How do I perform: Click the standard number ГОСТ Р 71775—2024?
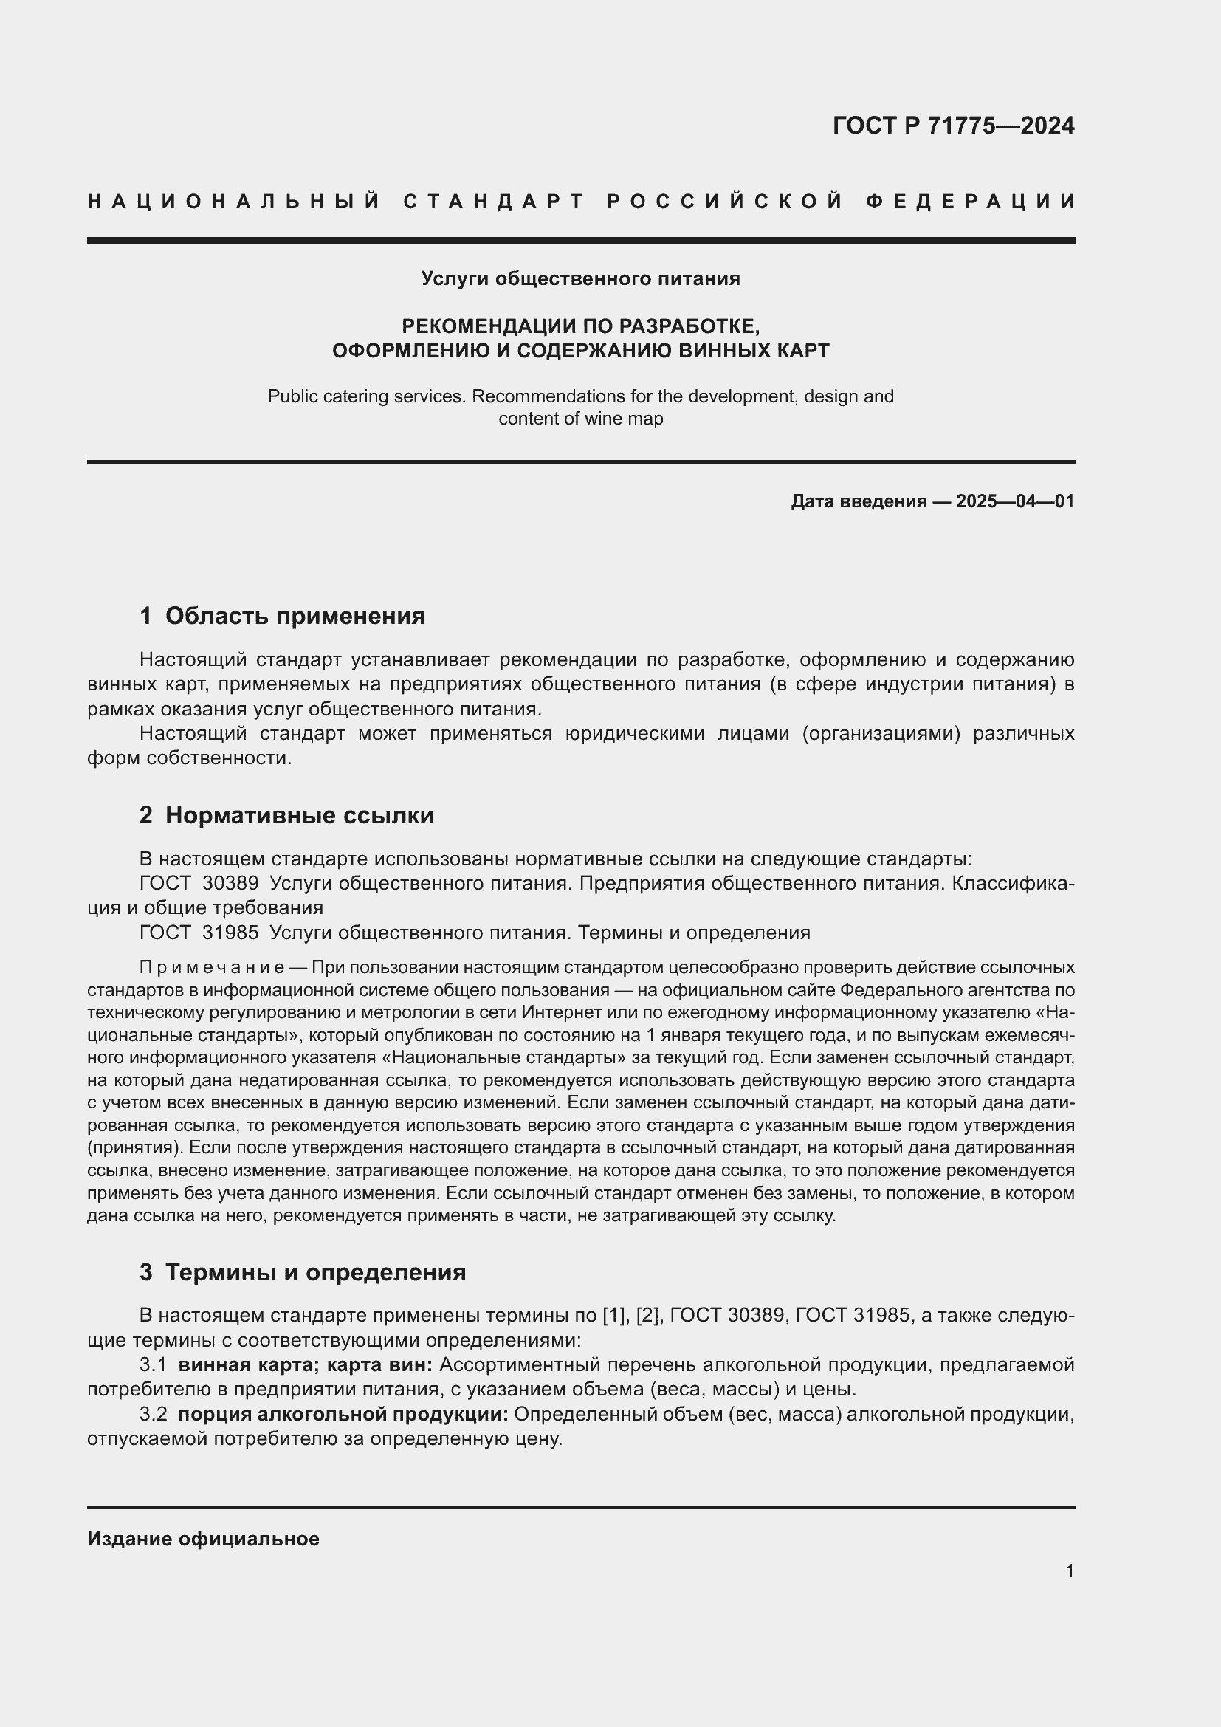tap(953, 126)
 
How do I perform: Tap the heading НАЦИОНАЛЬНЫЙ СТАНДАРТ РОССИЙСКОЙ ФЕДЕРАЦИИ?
tap(581, 202)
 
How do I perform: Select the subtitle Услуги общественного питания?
tap(580, 279)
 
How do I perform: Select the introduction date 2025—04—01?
tap(1015, 501)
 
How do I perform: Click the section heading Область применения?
tap(295, 616)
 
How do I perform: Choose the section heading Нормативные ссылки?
tap(299, 815)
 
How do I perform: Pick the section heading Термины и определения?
tap(315, 1272)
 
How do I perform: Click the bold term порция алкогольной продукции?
tap(343, 1414)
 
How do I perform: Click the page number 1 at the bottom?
tap(1070, 1570)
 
